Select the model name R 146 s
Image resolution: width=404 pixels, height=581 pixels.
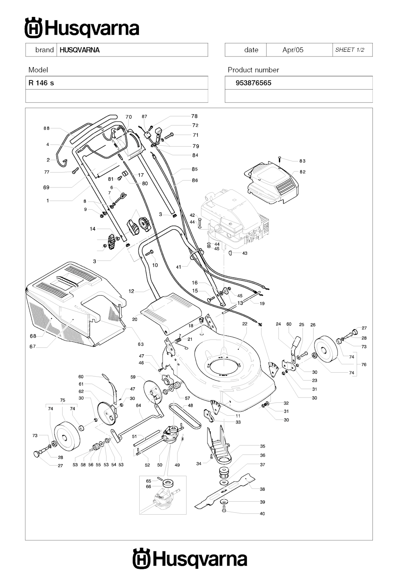[x=41, y=83]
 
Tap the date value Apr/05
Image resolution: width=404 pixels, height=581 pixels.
[x=293, y=50]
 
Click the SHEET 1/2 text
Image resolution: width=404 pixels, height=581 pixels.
[x=350, y=50]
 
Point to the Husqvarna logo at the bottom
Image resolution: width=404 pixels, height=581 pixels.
[x=190, y=559]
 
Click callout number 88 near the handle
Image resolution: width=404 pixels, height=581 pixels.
[x=47, y=128]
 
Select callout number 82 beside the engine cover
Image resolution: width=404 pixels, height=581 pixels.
[x=303, y=172]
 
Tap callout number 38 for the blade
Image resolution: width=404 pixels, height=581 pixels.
[x=262, y=489]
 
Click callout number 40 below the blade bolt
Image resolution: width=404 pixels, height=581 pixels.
[x=262, y=514]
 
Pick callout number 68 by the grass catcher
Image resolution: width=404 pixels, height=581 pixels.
[x=33, y=336]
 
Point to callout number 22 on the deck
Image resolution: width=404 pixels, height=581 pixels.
[x=245, y=324]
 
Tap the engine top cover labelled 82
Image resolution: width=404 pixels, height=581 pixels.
[x=272, y=184]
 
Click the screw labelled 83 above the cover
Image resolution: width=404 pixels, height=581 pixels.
[x=279, y=158]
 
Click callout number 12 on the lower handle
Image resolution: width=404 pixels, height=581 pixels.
[x=131, y=291]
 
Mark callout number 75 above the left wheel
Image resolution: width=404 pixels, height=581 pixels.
[x=62, y=400]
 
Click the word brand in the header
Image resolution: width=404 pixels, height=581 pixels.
[x=44, y=50]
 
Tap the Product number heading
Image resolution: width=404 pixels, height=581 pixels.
[x=253, y=70]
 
